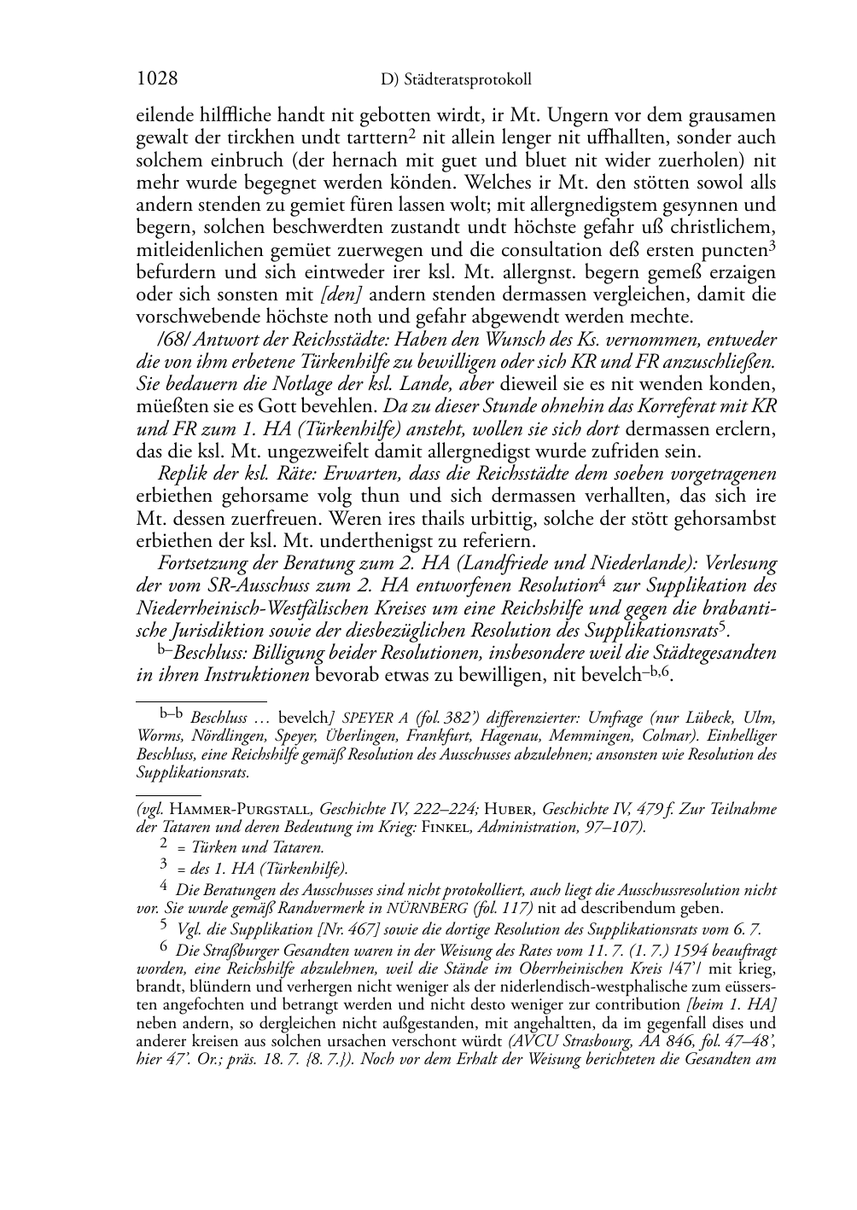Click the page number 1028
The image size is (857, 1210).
pyautogui.click(x=157, y=79)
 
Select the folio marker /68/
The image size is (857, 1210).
pyautogui.click(x=173, y=340)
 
